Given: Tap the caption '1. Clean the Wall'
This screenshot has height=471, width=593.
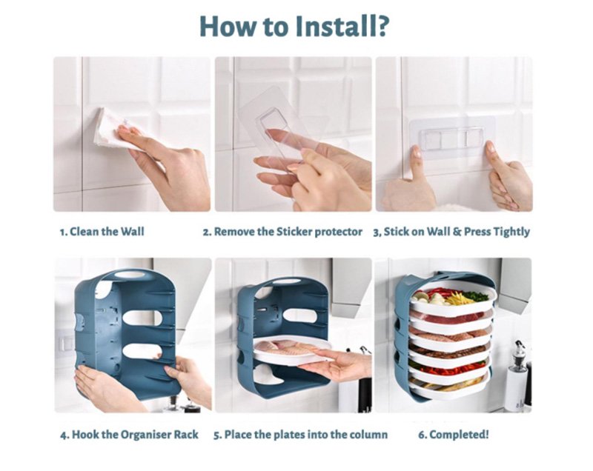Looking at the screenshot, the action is pyautogui.click(x=102, y=232).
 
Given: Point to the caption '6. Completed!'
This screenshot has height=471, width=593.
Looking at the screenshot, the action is pyautogui.click(x=454, y=435).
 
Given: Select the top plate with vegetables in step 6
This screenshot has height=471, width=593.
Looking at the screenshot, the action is pyautogui.click(x=453, y=300).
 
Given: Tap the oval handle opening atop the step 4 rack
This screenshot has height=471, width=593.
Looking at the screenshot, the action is pyautogui.click(x=129, y=274).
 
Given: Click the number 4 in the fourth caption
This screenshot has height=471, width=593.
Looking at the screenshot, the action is pyautogui.click(x=63, y=435).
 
